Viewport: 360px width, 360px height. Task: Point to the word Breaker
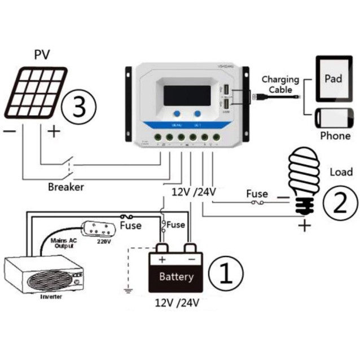coord(65,187)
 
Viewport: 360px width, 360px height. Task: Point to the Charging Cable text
coord(280,85)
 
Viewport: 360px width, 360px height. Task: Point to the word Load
coord(340,172)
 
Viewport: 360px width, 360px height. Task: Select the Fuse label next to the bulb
coord(257,194)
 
